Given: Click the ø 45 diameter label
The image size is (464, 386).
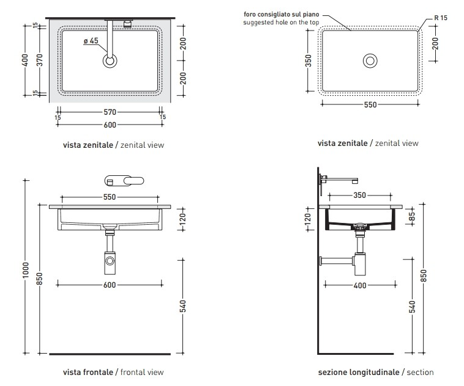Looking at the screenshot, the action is tap(91, 41).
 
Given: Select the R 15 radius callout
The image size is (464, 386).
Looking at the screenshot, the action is tap(441, 18).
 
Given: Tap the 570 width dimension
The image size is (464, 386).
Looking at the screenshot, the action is tap(110, 112).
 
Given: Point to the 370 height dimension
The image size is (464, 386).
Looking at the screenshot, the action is tap(40, 60).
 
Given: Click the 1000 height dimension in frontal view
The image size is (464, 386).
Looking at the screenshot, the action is tap(26, 269).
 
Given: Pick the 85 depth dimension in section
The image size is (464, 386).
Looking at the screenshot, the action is tap(412, 216).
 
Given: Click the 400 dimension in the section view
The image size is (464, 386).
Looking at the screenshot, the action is tap(360, 285).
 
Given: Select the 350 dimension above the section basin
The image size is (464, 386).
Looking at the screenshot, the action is tap(360, 195).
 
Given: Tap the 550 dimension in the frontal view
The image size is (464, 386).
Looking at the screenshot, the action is tap(110, 197).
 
